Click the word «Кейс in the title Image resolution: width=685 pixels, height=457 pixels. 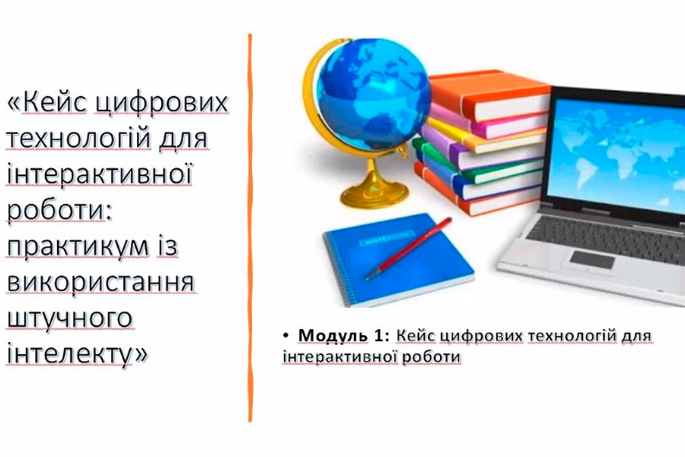click(46, 104)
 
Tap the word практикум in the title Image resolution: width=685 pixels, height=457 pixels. click(78, 247)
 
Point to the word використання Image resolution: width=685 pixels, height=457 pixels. click(100, 282)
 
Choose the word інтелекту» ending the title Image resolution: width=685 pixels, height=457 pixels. click(78, 353)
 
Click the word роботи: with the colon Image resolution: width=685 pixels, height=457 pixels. click(59, 211)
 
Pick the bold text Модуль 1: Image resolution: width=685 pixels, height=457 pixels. click(343, 335)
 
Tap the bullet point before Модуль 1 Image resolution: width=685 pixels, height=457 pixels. click(285, 336)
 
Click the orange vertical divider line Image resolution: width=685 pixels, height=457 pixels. click(250, 228)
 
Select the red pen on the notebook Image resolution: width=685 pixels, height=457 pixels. click(409, 248)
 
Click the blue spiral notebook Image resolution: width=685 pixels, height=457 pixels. click(398, 260)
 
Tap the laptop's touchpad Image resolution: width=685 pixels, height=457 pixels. click(592, 260)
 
